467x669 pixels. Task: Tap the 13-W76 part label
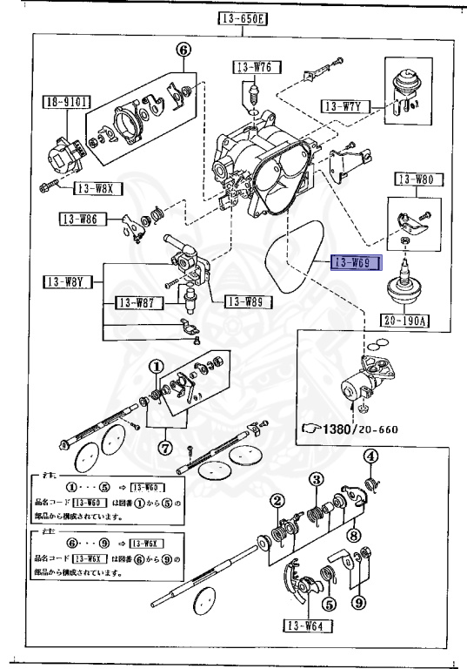252,67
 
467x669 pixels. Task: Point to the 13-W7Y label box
346,106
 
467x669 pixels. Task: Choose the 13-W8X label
97,187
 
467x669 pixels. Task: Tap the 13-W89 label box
248,302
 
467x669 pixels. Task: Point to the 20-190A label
407,320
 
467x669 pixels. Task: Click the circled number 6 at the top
183,51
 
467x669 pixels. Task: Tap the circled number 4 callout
370,456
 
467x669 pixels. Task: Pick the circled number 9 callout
357,602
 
